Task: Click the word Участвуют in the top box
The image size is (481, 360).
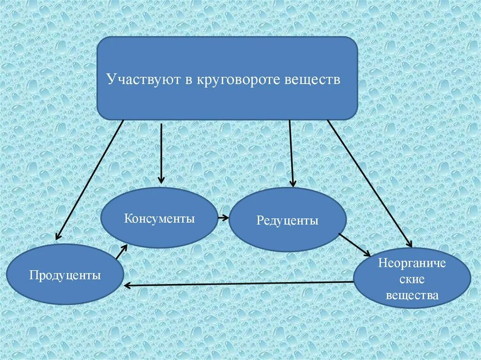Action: tap(143, 79)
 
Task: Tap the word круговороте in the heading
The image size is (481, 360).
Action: tap(236, 79)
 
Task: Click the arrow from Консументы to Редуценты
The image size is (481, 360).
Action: tap(223, 218)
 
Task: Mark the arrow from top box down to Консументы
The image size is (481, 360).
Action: tap(161, 153)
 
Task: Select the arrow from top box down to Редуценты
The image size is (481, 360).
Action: tap(291, 153)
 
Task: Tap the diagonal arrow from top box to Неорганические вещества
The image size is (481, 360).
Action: tap(369, 183)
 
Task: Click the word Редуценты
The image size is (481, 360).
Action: tap(287, 220)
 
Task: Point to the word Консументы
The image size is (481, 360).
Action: tap(159, 218)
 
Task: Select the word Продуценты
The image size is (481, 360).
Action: tap(65, 275)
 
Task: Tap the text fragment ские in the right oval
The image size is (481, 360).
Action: tap(412, 280)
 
